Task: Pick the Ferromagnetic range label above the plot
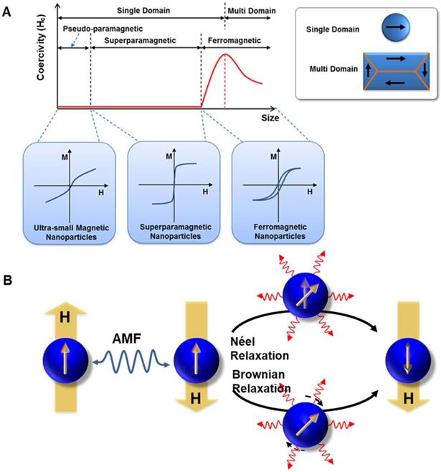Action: [x=234, y=42]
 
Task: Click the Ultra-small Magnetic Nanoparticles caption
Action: [x=69, y=232]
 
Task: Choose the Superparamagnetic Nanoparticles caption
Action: [x=172, y=232]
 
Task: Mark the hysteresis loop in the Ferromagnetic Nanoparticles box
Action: [x=273, y=191]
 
